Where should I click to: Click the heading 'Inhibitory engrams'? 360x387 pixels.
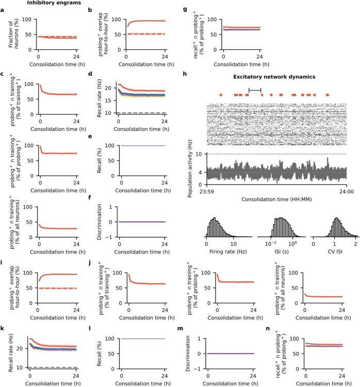tap(50, 3)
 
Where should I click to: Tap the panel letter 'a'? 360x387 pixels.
tap(3, 9)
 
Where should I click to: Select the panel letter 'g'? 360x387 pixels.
tap(186, 9)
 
